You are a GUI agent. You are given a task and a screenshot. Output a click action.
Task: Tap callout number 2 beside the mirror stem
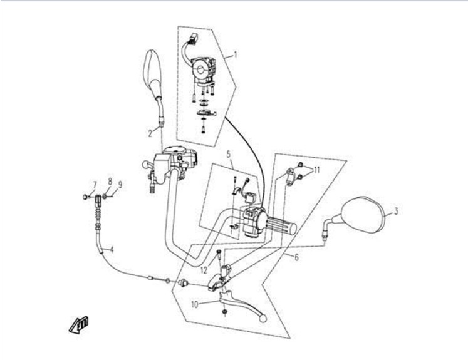[x=150, y=133]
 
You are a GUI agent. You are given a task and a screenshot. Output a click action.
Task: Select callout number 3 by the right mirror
[x=395, y=212]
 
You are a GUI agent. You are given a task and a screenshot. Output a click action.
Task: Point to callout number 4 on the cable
[x=112, y=250]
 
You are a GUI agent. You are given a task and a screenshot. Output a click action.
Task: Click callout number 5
[x=229, y=153]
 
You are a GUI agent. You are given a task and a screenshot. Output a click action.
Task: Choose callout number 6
[x=295, y=256]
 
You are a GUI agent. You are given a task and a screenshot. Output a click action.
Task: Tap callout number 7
[x=95, y=184]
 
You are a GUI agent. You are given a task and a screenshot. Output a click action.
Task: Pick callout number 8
[x=110, y=182]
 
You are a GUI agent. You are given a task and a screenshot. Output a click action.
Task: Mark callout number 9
[x=120, y=184]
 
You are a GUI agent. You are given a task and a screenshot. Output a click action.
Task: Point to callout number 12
[x=204, y=270]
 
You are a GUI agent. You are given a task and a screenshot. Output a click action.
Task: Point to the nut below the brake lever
[x=224, y=311]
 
